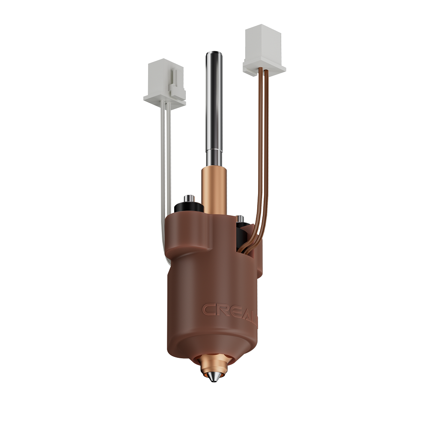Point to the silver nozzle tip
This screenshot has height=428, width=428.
click(214, 379)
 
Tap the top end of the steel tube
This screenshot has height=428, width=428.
click(214, 54)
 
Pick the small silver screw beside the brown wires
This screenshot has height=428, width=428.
click(241, 219)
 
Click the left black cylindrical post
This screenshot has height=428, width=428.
click(188, 207)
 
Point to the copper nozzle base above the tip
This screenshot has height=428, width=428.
click(213, 364)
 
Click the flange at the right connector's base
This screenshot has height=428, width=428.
click(264, 66)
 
